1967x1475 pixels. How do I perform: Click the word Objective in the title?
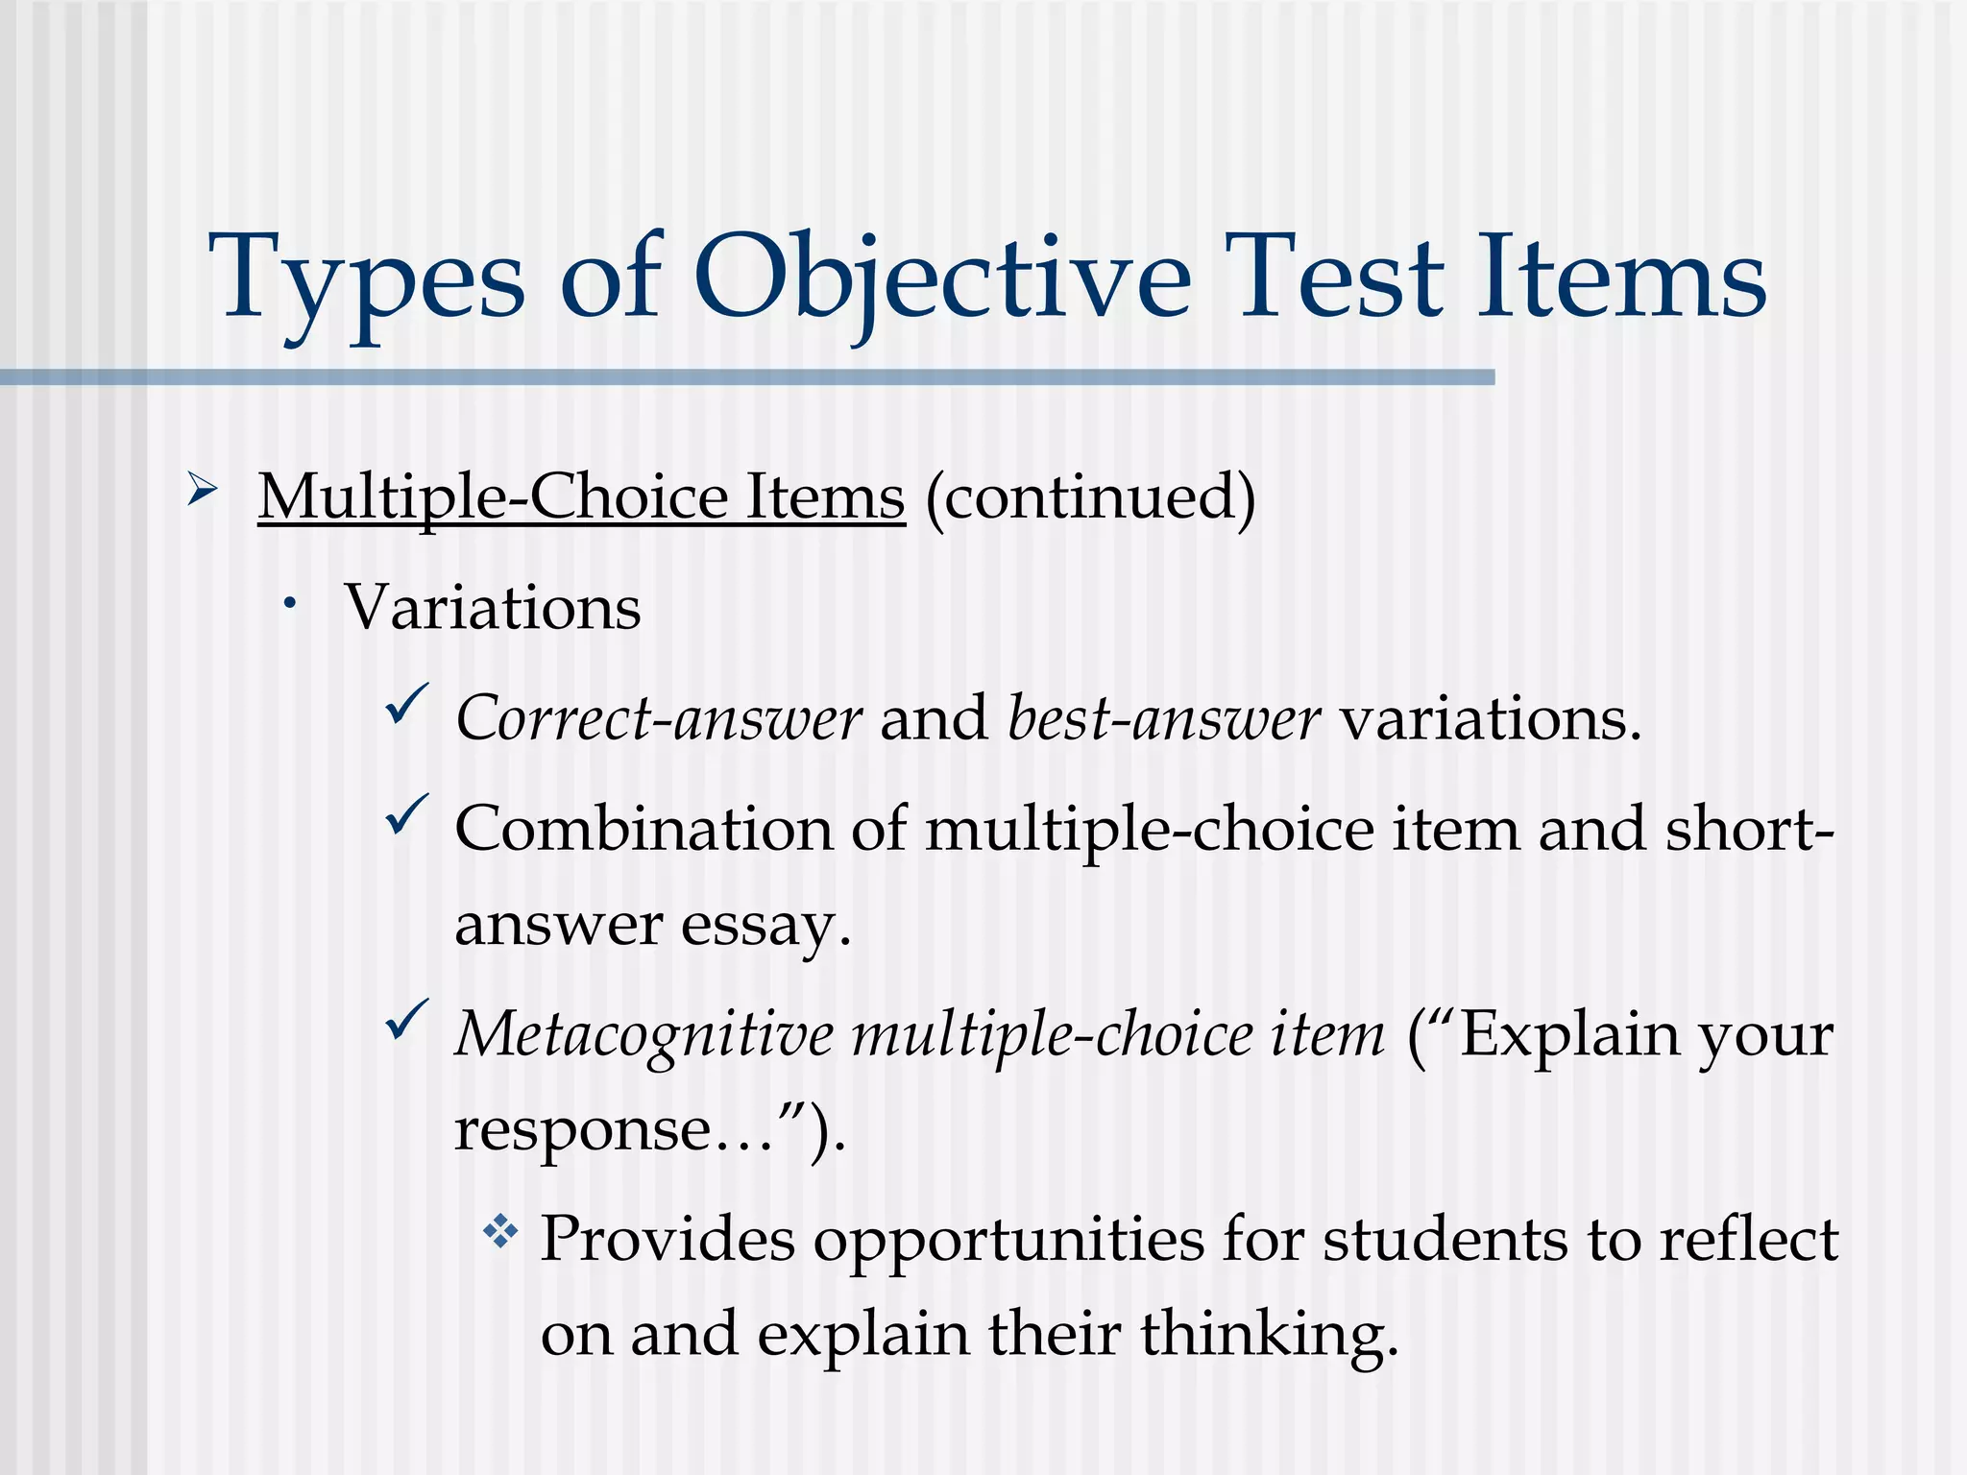tap(941, 278)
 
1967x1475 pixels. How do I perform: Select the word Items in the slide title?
tap(1620, 278)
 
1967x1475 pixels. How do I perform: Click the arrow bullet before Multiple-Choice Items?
tap(202, 491)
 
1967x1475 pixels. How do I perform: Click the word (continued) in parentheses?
tap(1090, 498)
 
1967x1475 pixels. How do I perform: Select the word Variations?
tap(493, 608)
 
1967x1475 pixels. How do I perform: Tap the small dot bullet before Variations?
tap(289, 604)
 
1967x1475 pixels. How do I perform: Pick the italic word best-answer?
tap(1163, 719)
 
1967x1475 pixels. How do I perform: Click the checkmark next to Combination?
tap(406, 815)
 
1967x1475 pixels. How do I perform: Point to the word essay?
tap(765, 926)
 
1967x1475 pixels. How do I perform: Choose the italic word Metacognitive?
tap(644, 1035)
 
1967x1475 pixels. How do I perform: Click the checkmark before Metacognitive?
tap(406, 1021)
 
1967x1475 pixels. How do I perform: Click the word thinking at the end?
tap(1268, 1336)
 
